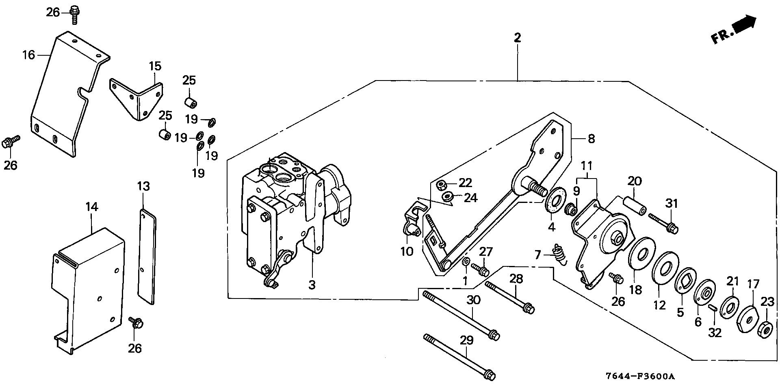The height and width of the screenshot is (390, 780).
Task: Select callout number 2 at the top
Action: [x=517, y=38]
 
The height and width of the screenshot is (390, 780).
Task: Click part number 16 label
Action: [x=28, y=54]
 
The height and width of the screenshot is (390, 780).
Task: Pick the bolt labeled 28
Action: [x=509, y=296]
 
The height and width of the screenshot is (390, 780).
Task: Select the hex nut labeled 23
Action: [x=765, y=329]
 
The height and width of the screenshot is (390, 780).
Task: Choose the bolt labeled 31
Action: [x=663, y=222]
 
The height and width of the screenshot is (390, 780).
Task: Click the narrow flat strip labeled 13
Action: [x=147, y=256]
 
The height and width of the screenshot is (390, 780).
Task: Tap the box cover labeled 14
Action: [x=89, y=289]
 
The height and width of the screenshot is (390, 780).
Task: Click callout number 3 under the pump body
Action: [x=312, y=285]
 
